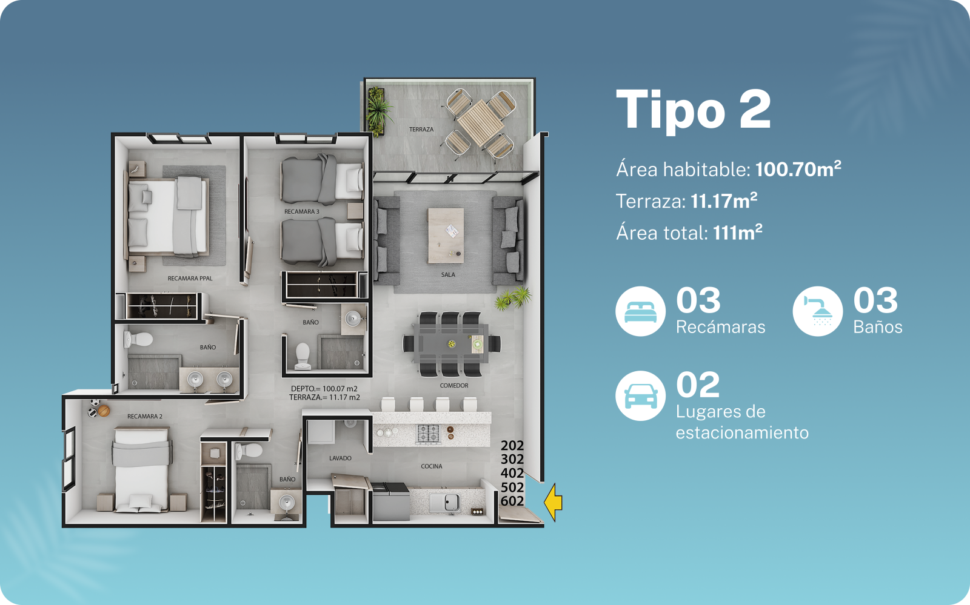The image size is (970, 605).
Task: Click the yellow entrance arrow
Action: pos(554,503)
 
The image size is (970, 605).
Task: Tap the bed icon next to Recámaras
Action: pos(640,311)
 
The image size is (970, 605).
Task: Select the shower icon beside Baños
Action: pos(818,311)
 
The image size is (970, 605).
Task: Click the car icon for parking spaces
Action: pos(640,395)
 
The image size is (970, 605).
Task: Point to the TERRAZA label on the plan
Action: pos(421,130)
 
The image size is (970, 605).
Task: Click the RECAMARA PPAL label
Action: pos(190,279)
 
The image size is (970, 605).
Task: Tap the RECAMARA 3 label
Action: pos(302,211)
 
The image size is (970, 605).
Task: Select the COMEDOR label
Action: pos(454,385)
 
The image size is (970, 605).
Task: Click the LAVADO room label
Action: pos(340,458)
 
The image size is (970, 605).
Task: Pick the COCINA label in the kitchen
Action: pos(432,466)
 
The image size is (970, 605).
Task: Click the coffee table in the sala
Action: pos(446,235)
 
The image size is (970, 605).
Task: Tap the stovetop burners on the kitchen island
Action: pos(428,434)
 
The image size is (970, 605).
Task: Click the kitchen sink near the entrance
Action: pos(445,503)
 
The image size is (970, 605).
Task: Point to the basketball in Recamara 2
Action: pos(104,411)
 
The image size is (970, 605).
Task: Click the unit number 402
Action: pos(512,473)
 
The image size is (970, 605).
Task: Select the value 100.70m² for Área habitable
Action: pos(798,168)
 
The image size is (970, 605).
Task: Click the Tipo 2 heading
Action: pos(694,110)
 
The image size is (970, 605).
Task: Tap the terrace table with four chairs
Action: pos(480,123)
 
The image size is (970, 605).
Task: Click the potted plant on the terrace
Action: pos(378,111)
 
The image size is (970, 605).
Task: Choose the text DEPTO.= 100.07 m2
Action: pos(324,389)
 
